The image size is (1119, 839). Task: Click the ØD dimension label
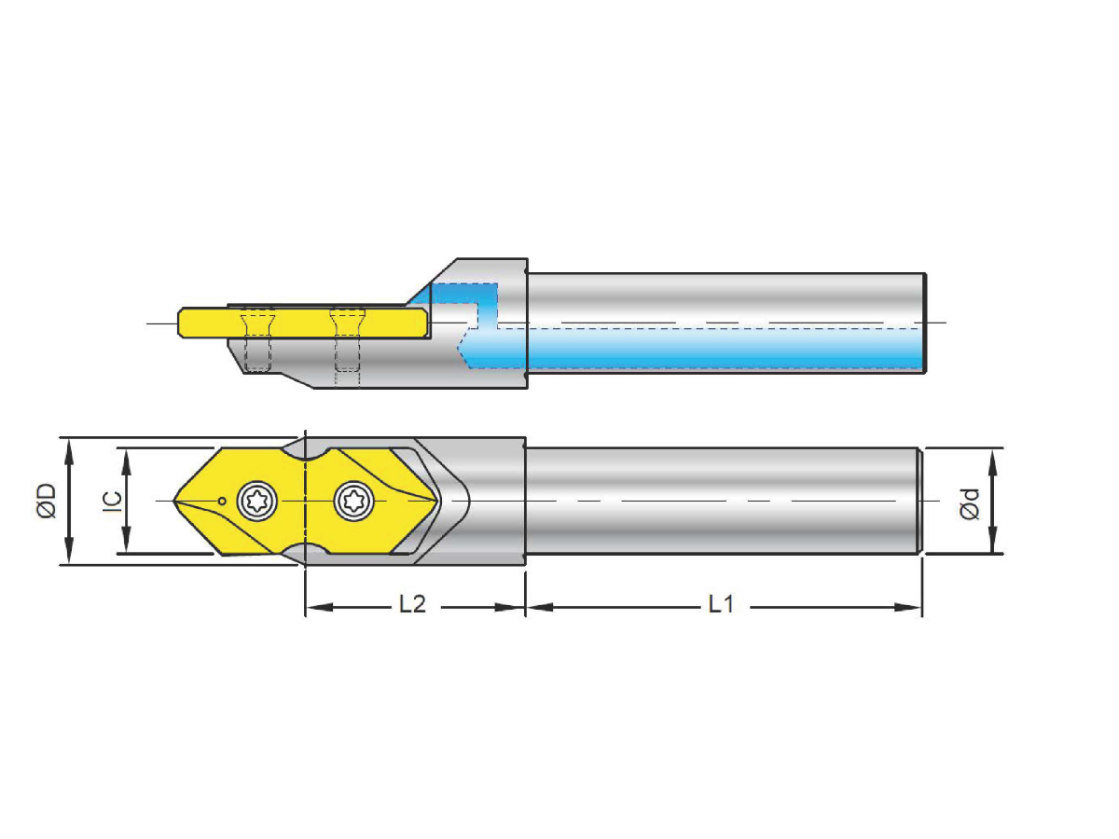tap(48, 501)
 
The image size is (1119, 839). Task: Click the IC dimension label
tap(110, 501)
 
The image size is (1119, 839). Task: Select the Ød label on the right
tap(970, 503)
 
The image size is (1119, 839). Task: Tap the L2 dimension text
tap(412, 605)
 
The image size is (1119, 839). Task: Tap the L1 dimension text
tap(721, 605)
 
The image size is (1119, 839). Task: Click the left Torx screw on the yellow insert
tap(256, 502)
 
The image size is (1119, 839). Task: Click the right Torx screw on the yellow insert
tap(354, 502)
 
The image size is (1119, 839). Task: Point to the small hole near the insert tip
tap(221, 502)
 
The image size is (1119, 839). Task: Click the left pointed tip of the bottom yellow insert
tap(175, 501)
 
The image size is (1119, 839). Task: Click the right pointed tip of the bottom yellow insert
tap(439, 502)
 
